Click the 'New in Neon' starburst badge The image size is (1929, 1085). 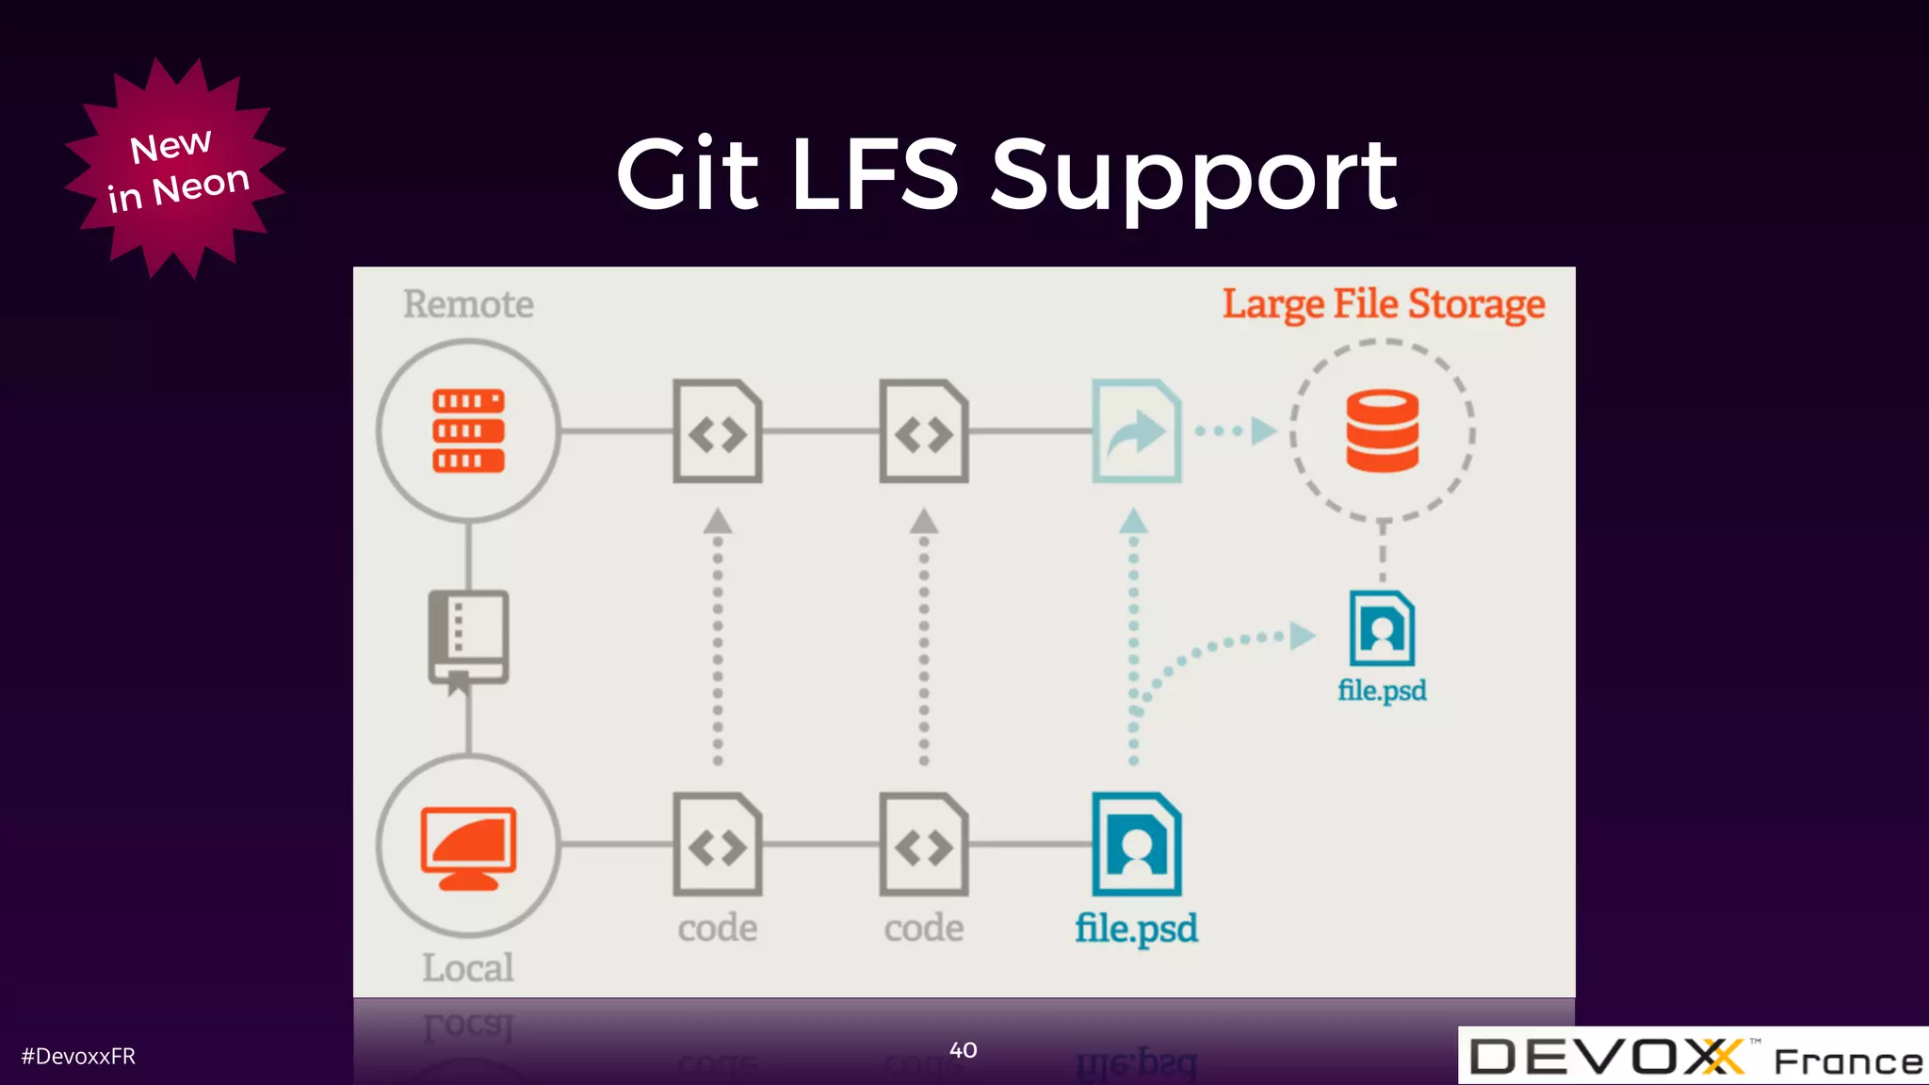click(x=175, y=170)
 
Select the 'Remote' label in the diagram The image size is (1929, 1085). click(x=468, y=304)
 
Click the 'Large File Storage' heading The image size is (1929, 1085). click(x=1383, y=304)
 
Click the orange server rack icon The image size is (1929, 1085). click(x=468, y=430)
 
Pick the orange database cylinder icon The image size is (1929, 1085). click(x=1382, y=431)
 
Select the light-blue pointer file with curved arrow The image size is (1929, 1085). click(x=1136, y=431)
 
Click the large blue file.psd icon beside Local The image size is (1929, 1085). click(x=1136, y=845)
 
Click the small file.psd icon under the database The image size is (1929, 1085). click(x=1382, y=628)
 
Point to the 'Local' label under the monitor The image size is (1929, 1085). click(x=468, y=967)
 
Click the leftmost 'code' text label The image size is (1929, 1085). click(x=717, y=928)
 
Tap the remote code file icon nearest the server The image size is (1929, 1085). click(x=717, y=431)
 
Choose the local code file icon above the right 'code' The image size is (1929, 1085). click(x=923, y=845)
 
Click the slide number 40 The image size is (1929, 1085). click(x=963, y=1050)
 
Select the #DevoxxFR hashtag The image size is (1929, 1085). click(x=78, y=1057)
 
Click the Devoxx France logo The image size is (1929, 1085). click(x=1693, y=1057)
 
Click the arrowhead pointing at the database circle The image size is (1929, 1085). click(x=1263, y=431)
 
